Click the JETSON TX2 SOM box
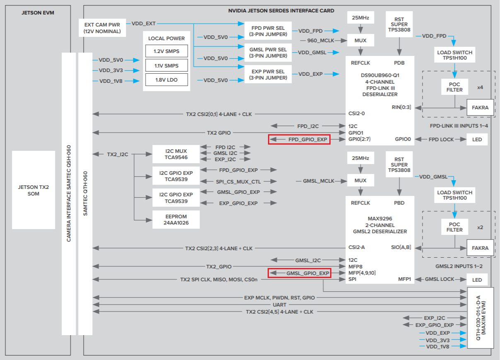(34, 190)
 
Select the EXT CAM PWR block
(102, 28)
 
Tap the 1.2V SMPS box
(167, 51)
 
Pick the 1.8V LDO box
(167, 80)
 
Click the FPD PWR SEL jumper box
(268, 30)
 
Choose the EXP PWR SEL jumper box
(268, 75)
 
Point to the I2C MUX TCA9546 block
(176, 154)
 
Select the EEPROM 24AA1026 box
(176, 219)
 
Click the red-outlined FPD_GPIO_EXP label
(299, 140)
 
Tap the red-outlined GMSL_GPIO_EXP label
(299, 273)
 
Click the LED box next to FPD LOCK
(477, 140)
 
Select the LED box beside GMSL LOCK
(477, 280)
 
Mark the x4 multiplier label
(480, 87)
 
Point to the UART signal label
(280, 305)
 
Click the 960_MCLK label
(318, 41)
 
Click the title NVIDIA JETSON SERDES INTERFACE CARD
(281, 10)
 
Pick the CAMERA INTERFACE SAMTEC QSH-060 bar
(69, 193)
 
